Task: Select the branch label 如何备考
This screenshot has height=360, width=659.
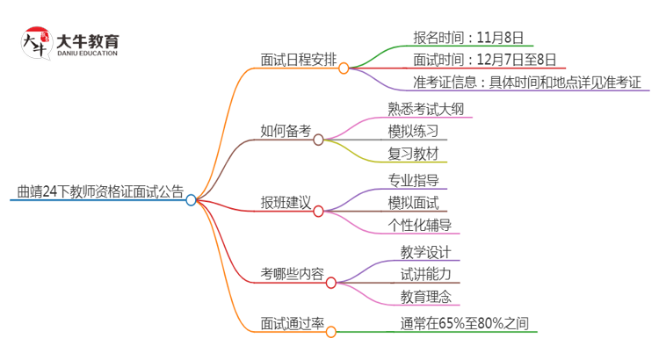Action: tap(286, 132)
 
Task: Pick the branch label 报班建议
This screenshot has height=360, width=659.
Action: tap(286, 204)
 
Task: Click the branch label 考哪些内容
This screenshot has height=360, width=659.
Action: tap(292, 275)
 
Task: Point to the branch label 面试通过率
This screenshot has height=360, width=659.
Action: tap(292, 325)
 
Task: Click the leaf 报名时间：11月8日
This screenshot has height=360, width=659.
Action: tap(467, 37)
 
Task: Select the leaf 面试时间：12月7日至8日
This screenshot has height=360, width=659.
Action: tap(484, 60)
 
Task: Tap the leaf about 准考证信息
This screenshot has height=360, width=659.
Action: tap(530, 83)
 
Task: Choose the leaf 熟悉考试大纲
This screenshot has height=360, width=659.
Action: tap(426, 109)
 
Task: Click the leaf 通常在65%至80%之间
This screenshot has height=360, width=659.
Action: tap(465, 324)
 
